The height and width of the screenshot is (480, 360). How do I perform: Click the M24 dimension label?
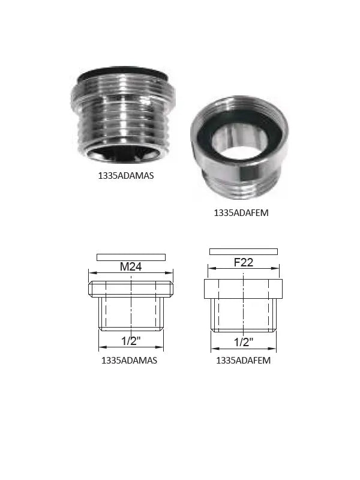point(131,266)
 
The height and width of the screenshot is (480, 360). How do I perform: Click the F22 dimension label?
point(244,262)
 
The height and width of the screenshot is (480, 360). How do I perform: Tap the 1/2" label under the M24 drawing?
point(131,341)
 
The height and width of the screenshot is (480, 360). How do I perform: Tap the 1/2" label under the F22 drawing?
point(244,342)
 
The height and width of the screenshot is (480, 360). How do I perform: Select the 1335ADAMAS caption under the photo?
point(126,176)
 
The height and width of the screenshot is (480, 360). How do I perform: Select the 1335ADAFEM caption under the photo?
point(241,213)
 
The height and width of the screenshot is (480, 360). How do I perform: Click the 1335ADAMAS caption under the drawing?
point(129,361)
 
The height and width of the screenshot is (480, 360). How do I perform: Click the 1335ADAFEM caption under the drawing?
point(244,361)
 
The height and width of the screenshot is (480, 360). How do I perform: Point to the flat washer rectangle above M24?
point(131,257)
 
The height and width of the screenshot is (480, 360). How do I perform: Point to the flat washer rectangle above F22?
point(244,251)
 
